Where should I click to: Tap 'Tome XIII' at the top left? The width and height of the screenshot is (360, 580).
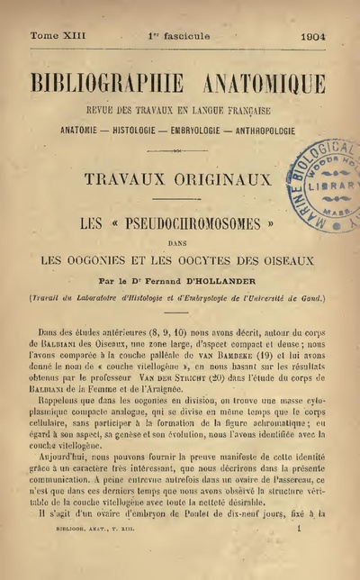(57, 39)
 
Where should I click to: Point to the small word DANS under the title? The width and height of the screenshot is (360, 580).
(179, 242)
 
